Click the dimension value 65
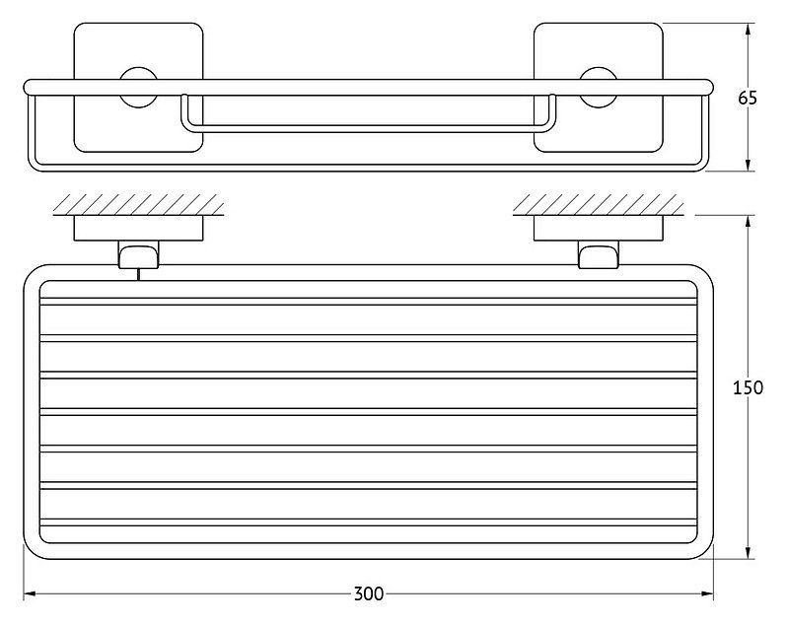pyautogui.click(x=748, y=98)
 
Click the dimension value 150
pyautogui.click(x=748, y=387)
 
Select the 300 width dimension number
pyautogui.click(x=369, y=593)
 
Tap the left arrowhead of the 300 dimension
pyautogui.click(x=30, y=594)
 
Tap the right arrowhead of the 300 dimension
pyautogui.click(x=707, y=594)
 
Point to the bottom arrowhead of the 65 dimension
pyautogui.click(x=748, y=165)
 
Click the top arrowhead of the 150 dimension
pyautogui.click(x=749, y=222)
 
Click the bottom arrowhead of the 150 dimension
pyautogui.click(x=749, y=553)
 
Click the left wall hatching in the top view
pyautogui.click(x=138, y=205)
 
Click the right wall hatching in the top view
pyautogui.click(x=599, y=205)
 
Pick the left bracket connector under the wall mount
pyautogui.click(x=138, y=254)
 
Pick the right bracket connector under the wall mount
pyautogui.click(x=599, y=254)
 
